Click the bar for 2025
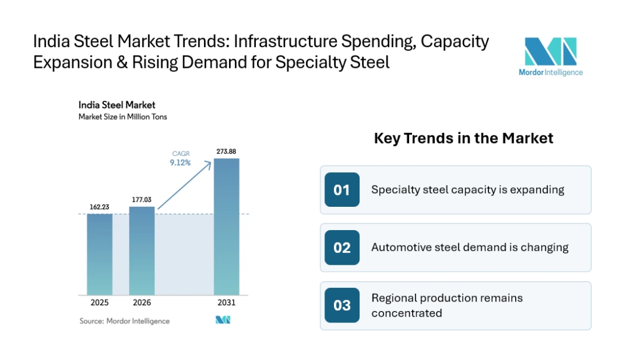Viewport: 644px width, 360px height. (100, 254)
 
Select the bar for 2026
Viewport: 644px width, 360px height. (142, 250)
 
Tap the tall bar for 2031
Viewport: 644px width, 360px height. (227, 226)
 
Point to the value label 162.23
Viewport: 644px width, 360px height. (100, 207)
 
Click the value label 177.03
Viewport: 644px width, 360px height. (142, 200)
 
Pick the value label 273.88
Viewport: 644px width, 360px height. (227, 151)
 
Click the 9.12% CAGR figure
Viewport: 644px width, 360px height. (180, 163)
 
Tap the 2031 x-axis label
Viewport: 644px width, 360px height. (227, 303)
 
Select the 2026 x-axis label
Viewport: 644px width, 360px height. (142, 303)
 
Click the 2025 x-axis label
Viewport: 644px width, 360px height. (100, 303)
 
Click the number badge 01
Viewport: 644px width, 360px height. (342, 190)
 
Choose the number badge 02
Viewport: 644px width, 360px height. (342, 247)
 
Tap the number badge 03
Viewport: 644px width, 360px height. (342, 305)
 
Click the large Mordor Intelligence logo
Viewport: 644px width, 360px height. (551, 57)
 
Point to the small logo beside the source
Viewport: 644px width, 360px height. (223, 320)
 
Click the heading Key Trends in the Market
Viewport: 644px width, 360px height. (463, 138)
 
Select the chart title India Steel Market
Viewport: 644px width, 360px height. (117, 105)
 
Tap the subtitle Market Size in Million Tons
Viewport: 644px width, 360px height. (123, 117)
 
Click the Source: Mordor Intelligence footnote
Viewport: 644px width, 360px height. (125, 321)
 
